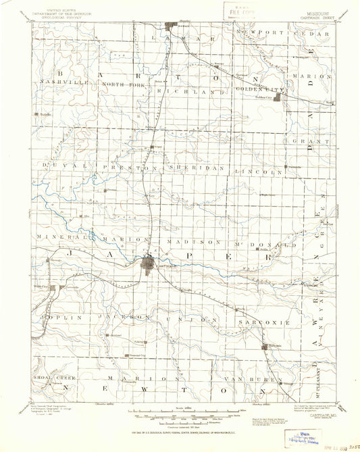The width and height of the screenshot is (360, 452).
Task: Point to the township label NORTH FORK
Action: coord(124,84)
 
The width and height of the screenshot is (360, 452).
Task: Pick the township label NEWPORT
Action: coord(256,32)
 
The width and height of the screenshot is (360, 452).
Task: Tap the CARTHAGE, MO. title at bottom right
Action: coord(317,417)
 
